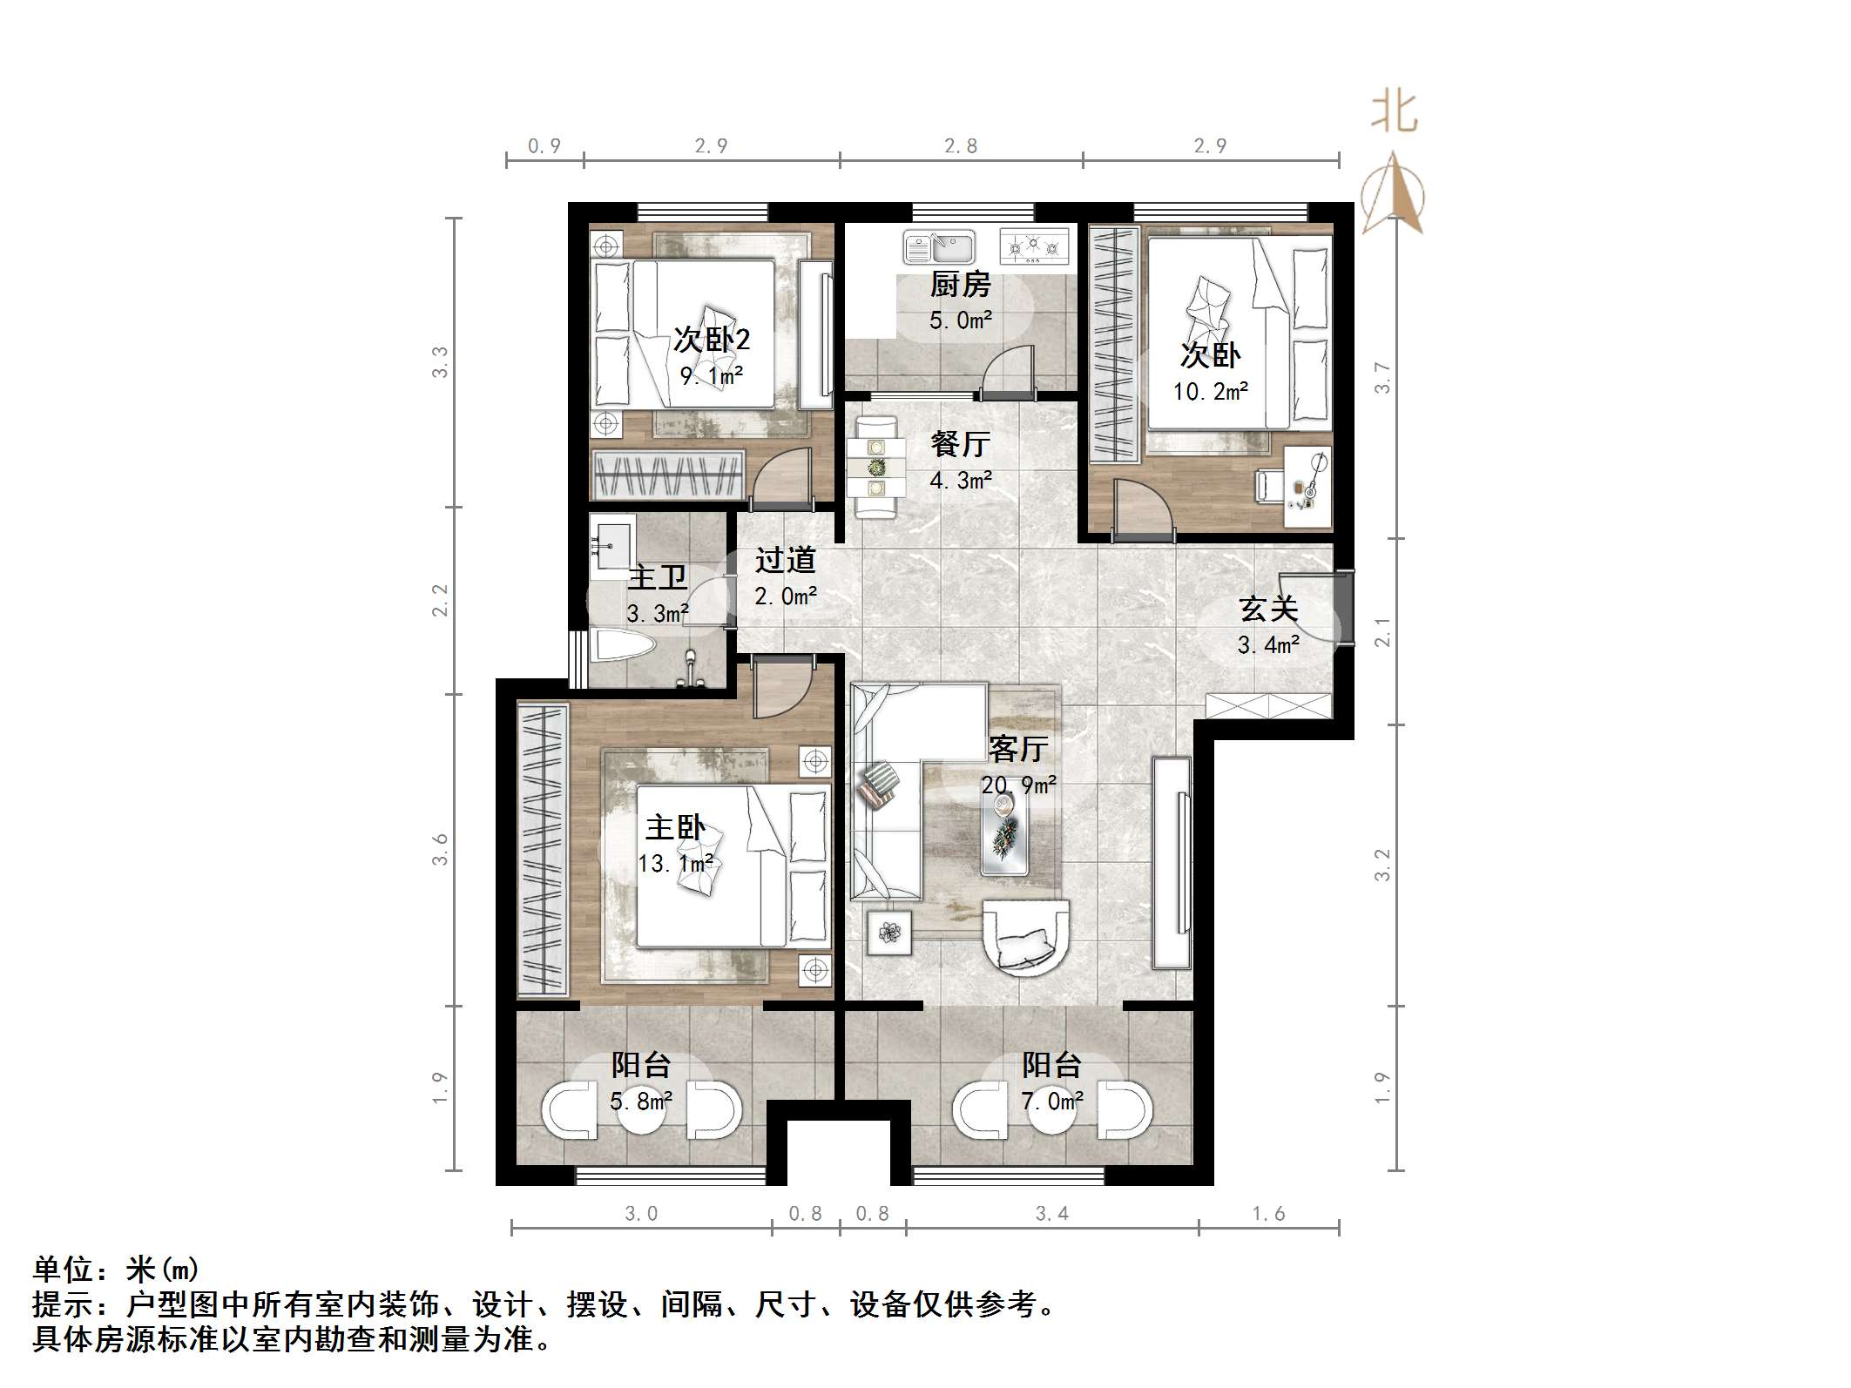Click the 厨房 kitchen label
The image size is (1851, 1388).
click(960, 284)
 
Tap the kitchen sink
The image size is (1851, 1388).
click(938, 247)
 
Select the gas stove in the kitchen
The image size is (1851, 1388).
click(1034, 246)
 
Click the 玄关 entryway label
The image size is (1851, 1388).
click(1268, 609)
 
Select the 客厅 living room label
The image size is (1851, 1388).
click(1017, 748)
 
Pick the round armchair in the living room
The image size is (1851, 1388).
click(1025, 938)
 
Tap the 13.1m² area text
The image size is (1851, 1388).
click(675, 864)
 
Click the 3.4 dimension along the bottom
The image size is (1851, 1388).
click(1051, 1214)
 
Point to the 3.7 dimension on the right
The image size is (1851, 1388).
click(1382, 377)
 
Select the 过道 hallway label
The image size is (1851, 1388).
click(785, 560)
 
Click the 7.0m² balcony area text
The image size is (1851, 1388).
click(1052, 1102)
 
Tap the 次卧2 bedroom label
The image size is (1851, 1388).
click(712, 340)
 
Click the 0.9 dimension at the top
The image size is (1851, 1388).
click(544, 146)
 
